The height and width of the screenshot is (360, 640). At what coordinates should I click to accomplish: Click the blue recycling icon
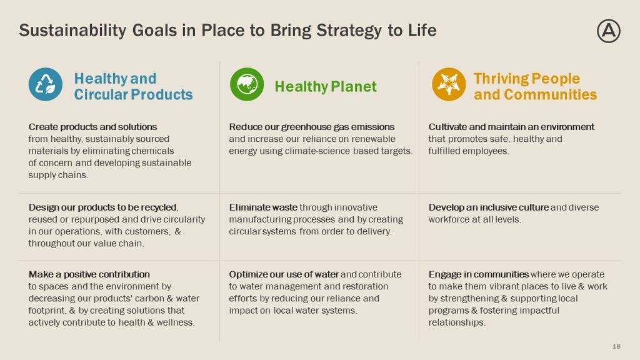[x=45, y=84]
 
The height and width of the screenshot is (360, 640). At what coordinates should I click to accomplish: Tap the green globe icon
[x=247, y=84]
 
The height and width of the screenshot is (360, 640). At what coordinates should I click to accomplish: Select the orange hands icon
[x=449, y=84]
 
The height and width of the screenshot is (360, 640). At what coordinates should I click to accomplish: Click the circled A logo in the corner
[x=609, y=31]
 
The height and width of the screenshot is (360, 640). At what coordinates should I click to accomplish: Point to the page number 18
[x=616, y=346]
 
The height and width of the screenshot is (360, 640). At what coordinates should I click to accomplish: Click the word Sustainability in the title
[x=72, y=31]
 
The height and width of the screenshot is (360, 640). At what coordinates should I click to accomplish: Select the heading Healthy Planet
[x=326, y=86]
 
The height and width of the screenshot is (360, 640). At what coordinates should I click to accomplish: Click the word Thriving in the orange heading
[x=501, y=78]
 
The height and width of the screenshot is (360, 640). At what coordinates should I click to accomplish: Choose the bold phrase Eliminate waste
[x=263, y=207]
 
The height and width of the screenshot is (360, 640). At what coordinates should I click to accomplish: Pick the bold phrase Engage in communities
[x=478, y=274]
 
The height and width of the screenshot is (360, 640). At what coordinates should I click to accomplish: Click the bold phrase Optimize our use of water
[x=284, y=274]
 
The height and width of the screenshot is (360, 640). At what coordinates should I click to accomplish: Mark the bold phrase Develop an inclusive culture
[x=488, y=207]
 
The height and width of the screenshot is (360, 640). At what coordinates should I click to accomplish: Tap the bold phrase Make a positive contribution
[x=89, y=274]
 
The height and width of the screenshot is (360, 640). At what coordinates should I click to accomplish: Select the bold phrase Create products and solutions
[x=92, y=127]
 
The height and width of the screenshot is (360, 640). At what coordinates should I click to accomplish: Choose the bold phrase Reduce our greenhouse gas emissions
[x=312, y=127]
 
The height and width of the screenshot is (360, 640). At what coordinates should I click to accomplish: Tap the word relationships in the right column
[x=457, y=322]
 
